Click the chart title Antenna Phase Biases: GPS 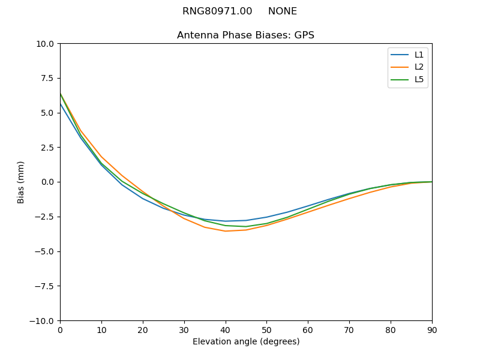pyautogui.click(x=245, y=35)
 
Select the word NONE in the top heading pyautogui.click(x=282, y=11)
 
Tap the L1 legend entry pyautogui.click(x=408, y=55)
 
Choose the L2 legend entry pyautogui.click(x=408, y=67)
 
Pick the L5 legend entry pyautogui.click(x=408, y=79)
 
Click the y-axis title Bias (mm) pyautogui.click(x=21, y=182)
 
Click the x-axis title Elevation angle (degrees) pyautogui.click(x=245, y=342)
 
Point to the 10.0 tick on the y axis pyautogui.click(x=45, y=44)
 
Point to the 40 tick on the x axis pyautogui.click(x=225, y=330)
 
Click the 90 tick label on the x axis pyautogui.click(x=431, y=330)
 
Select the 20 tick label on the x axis pyautogui.click(x=143, y=330)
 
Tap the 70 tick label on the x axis pyautogui.click(x=349, y=330)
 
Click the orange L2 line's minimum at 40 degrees pyautogui.click(x=225, y=231)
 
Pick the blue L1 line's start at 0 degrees pyautogui.click(x=61, y=104)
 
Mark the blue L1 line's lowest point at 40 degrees pyautogui.click(x=225, y=221)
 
